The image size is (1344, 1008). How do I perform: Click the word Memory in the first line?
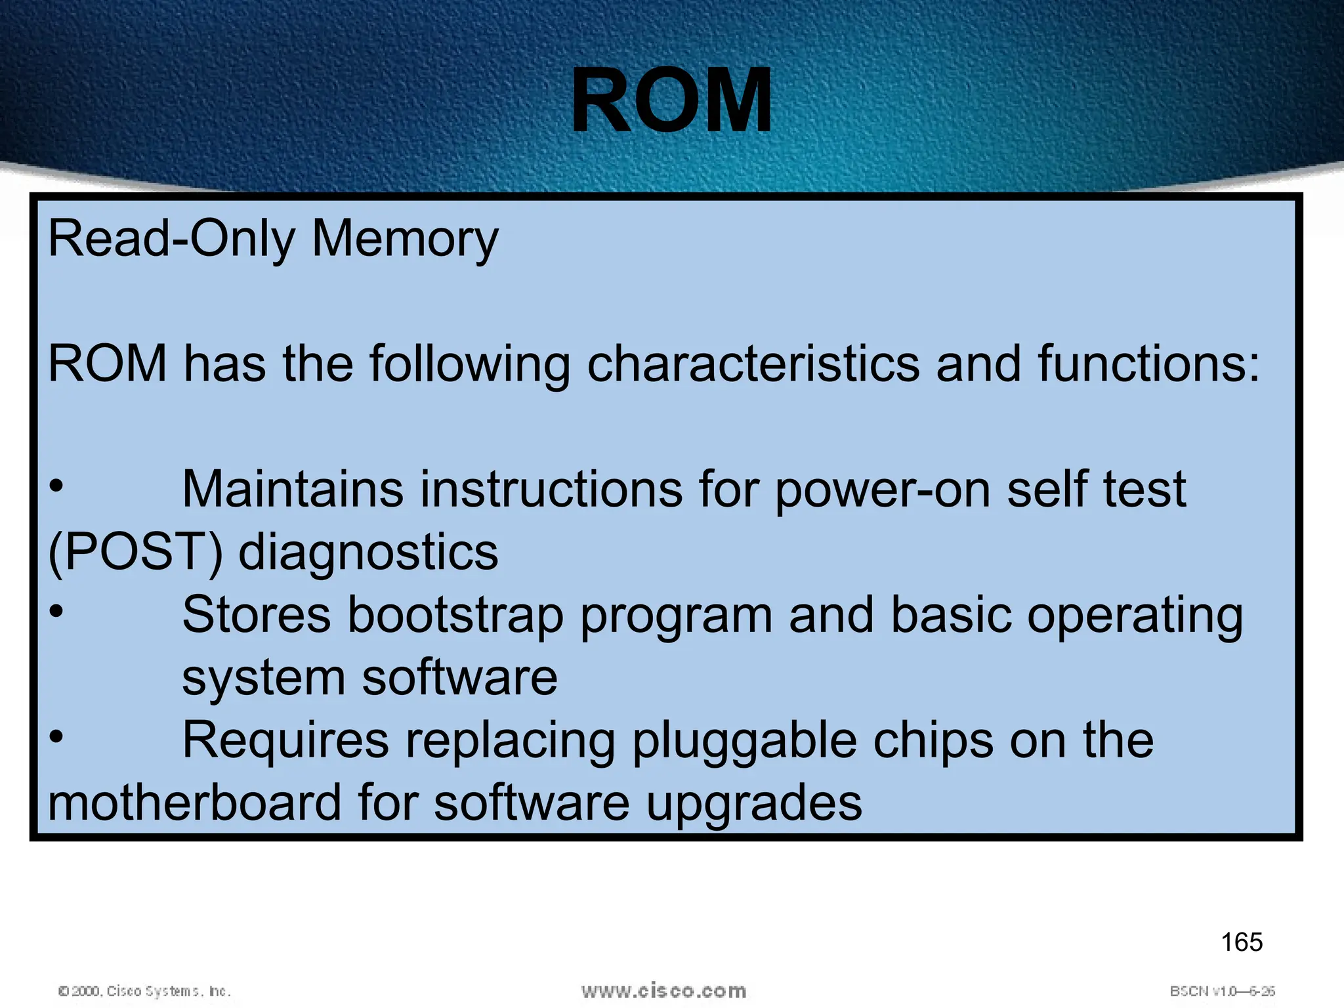(x=405, y=239)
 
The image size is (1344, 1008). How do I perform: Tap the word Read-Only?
(x=172, y=239)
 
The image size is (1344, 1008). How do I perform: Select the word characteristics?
(x=753, y=364)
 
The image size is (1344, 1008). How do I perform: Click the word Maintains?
(x=293, y=490)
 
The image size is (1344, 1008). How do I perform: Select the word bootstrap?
(x=455, y=616)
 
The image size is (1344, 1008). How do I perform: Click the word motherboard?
(x=195, y=803)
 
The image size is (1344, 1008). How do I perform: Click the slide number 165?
(x=1242, y=942)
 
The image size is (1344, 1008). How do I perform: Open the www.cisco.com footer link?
(x=663, y=991)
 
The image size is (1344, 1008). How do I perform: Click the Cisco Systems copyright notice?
(x=144, y=991)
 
